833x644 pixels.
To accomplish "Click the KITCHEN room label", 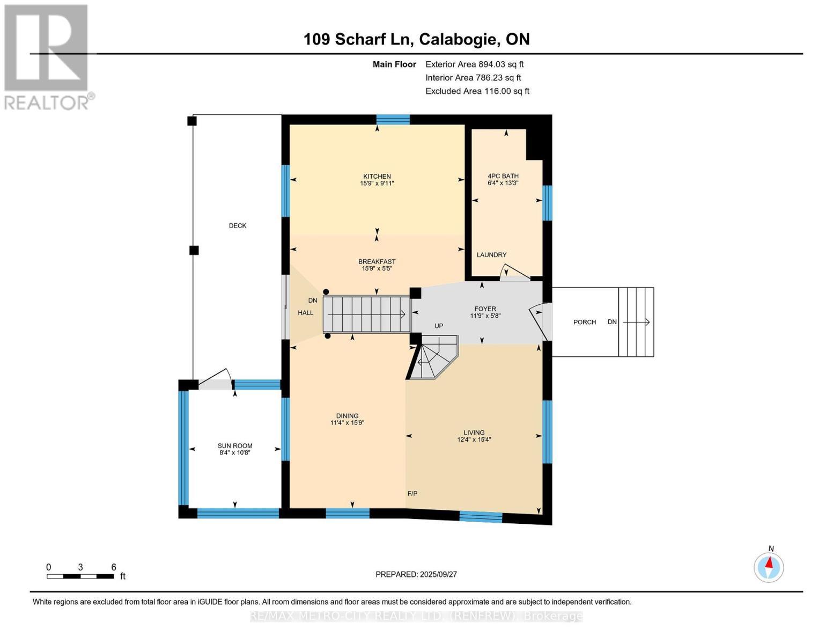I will pyautogui.click(x=377, y=176).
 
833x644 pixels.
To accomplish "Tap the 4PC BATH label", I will pyautogui.click(x=503, y=175).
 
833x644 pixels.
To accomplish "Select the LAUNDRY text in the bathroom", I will pyautogui.click(x=491, y=255).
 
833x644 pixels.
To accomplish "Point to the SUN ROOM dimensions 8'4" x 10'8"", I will pyautogui.click(x=235, y=453).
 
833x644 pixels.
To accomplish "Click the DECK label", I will pyautogui.click(x=238, y=226).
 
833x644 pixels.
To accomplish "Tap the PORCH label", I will pyautogui.click(x=585, y=322).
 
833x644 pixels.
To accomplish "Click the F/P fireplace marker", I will pyautogui.click(x=412, y=494).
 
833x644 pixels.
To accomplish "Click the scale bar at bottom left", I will pyautogui.click(x=80, y=576).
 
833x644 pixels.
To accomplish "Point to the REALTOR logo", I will pyautogui.click(x=47, y=56).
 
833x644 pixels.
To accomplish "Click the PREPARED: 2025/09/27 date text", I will pyautogui.click(x=416, y=574).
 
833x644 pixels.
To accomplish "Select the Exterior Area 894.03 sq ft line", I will pyautogui.click(x=474, y=64).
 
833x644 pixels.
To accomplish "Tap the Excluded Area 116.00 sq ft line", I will pyautogui.click(x=477, y=91).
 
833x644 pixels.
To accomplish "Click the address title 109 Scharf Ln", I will pyautogui.click(x=416, y=39).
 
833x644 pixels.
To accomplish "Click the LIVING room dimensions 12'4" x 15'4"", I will pyautogui.click(x=474, y=440).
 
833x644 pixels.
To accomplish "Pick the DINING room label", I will pyautogui.click(x=347, y=416).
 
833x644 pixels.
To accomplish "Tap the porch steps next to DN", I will pyautogui.click(x=636, y=322).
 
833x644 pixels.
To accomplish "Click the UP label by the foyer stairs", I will pyautogui.click(x=439, y=326).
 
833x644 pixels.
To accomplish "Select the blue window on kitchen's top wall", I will pyautogui.click(x=393, y=120).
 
